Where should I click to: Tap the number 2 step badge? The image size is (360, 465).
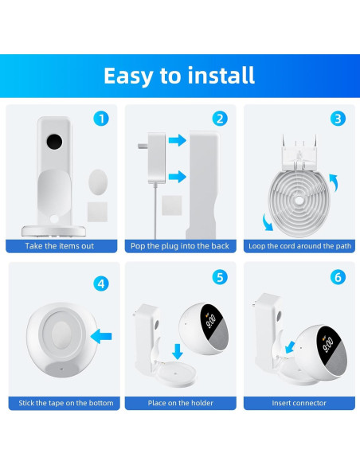(x=220, y=119)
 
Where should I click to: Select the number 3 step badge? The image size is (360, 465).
(x=338, y=119)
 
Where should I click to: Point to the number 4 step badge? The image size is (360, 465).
(x=100, y=283)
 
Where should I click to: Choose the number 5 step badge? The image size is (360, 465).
(x=220, y=277)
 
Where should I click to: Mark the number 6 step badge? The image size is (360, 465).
(x=338, y=277)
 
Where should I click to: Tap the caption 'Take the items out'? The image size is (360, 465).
(x=59, y=246)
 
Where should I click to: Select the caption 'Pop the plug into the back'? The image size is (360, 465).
(x=179, y=246)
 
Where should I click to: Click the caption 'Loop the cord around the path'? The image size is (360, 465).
(x=299, y=246)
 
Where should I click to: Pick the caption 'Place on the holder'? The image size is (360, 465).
(x=180, y=404)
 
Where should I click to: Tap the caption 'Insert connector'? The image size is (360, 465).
(x=299, y=404)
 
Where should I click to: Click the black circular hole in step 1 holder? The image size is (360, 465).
(x=54, y=143)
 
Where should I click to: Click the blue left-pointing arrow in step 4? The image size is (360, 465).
(x=101, y=338)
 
